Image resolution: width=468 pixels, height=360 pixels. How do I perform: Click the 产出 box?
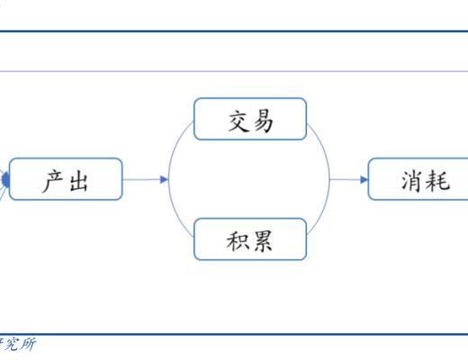66,180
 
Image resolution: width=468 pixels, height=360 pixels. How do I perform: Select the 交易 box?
250,119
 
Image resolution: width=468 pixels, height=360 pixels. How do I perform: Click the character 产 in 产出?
53,180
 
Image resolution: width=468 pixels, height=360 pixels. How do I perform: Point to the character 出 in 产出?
79,180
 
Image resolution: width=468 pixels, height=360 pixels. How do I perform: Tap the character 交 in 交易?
237,119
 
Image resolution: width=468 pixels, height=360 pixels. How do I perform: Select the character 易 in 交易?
263,119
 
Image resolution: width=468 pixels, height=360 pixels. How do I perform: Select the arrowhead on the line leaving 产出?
164,180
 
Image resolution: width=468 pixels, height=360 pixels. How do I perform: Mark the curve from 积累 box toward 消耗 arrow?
322,214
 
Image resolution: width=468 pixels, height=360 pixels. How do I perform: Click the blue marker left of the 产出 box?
4,181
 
